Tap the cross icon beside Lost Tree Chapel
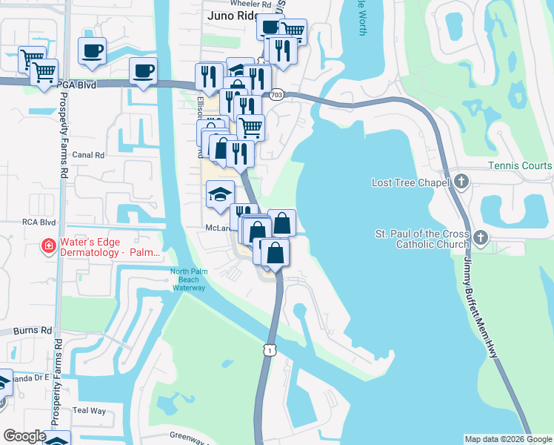(x=461, y=181)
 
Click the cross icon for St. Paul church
(x=480, y=238)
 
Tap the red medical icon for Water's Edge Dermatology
(x=48, y=245)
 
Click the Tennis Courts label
(x=520, y=165)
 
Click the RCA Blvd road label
(x=38, y=222)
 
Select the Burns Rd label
(x=36, y=330)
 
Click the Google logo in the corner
(x=24, y=436)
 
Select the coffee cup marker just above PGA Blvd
(x=143, y=72)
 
